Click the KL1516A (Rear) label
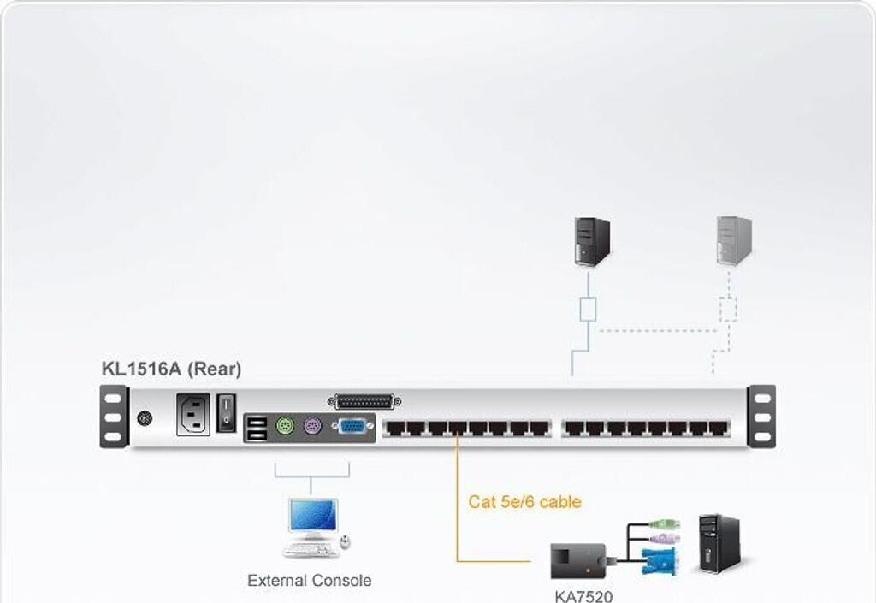point(171,369)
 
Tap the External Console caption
point(309,581)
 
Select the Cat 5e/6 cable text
point(524,502)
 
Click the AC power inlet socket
point(192,415)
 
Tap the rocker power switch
point(225,411)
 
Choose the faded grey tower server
point(734,240)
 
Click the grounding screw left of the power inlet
point(145,419)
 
